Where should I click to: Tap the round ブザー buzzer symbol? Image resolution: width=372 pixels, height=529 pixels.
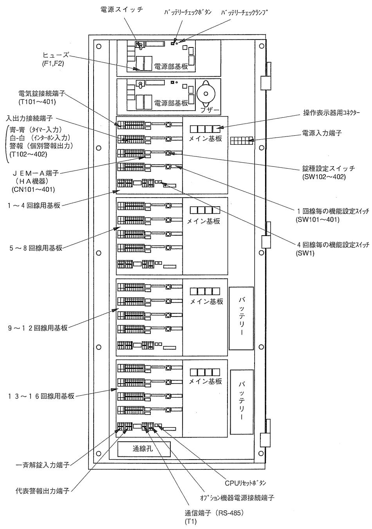pos(207,93)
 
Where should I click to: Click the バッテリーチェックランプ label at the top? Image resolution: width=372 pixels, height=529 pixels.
pos(245,13)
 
